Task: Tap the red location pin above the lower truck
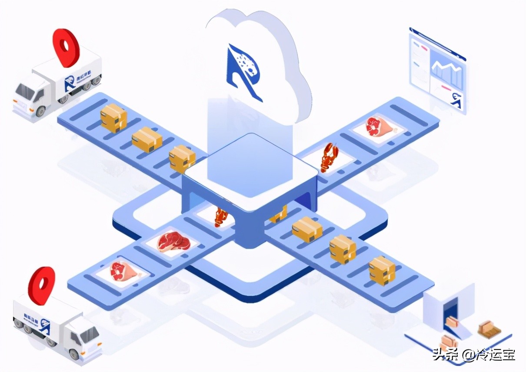[x=42, y=285]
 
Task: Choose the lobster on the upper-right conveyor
[x=329, y=157]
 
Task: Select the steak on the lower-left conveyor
[x=173, y=242]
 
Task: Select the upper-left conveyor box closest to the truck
[x=113, y=117]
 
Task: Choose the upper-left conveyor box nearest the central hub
[x=182, y=159]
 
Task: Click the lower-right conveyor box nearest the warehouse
[x=382, y=270]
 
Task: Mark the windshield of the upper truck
[x=25, y=91]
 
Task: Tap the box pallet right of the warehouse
[x=489, y=329]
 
